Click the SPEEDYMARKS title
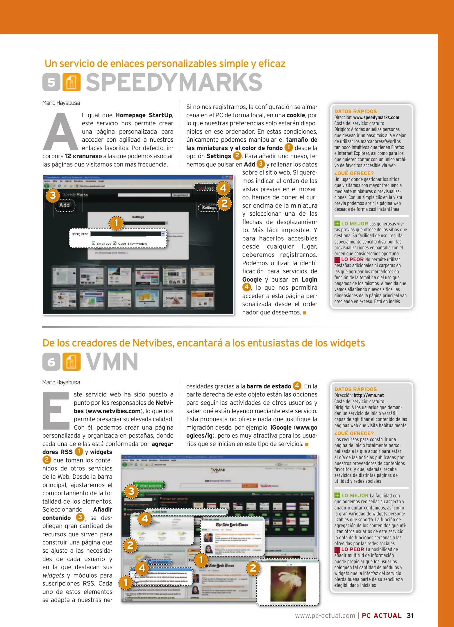point(174,82)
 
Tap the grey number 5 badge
point(51,82)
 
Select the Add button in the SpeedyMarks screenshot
point(65,205)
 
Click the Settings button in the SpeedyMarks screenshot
point(209,208)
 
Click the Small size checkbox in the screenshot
point(94,243)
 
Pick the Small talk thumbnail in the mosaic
point(174,298)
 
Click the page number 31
point(410,615)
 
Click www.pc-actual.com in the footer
point(325,615)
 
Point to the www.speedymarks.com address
point(376,118)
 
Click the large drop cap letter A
point(60,132)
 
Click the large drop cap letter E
point(56,410)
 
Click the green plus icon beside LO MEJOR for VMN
point(337,496)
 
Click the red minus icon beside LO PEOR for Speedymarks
point(337,260)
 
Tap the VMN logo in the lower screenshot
point(218,470)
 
